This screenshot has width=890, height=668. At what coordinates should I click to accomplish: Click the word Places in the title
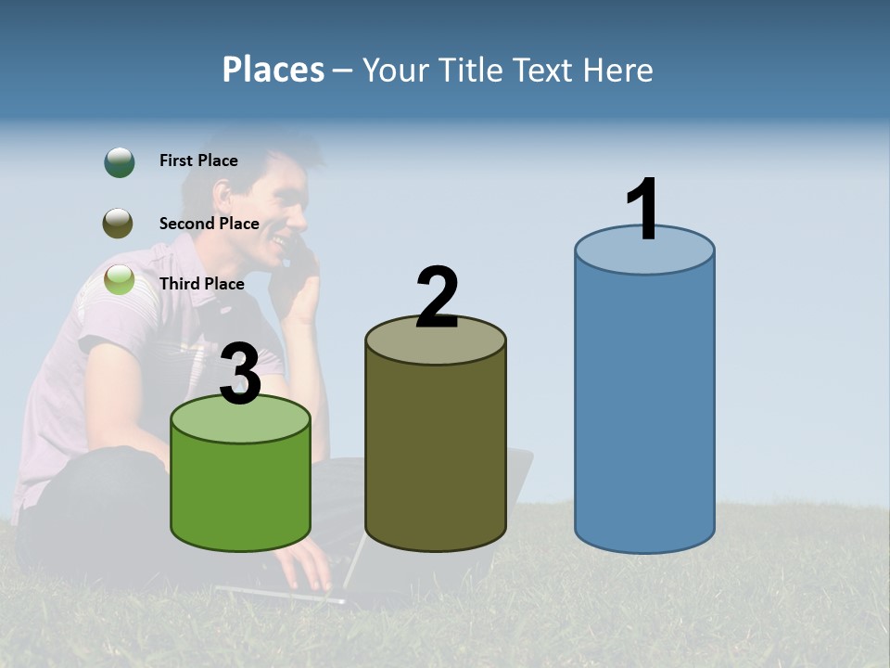[x=273, y=70]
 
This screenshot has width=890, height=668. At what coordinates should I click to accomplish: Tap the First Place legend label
[x=198, y=161]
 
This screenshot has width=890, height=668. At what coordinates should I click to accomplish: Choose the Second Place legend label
[x=209, y=224]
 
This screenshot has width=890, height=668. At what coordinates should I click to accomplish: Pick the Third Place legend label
[x=201, y=284]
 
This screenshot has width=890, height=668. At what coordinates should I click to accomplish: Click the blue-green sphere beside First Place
[x=119, y=161]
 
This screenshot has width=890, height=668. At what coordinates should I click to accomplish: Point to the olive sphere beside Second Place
[x=118, y=223]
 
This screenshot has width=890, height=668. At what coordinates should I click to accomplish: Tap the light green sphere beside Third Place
[x=119, y=279]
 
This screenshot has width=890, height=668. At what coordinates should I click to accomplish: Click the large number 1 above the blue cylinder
[x=642, y=210]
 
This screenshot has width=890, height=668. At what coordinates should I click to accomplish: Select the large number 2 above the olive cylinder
[x=437, y=298]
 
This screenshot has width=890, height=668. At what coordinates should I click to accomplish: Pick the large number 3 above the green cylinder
[x=240, y=374]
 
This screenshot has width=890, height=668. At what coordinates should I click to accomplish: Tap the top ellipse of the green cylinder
[x=240, y=420]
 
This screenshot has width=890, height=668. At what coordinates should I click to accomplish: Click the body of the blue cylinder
[x=644, y=408]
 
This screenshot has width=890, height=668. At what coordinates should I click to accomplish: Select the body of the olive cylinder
[x=436, y=445]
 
